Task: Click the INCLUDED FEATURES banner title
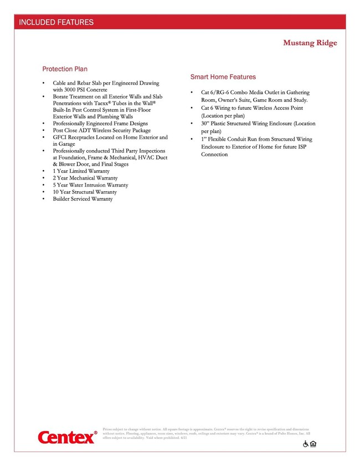(x=56, y=23)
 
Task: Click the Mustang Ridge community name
(x=310, y=43)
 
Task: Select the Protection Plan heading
(x=65, y=69)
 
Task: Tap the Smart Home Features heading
(x=223, y=77)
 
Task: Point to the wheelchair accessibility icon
(x=305, y=444)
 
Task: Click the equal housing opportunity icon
(x=313, y=444)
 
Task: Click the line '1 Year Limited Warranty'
(x=81, y=172)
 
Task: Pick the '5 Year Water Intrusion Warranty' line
(x=90, y=185)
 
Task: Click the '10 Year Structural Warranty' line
(x=85, y=192)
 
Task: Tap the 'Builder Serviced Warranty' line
(x=83, y=199)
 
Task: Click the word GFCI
(x=61, y=137)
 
